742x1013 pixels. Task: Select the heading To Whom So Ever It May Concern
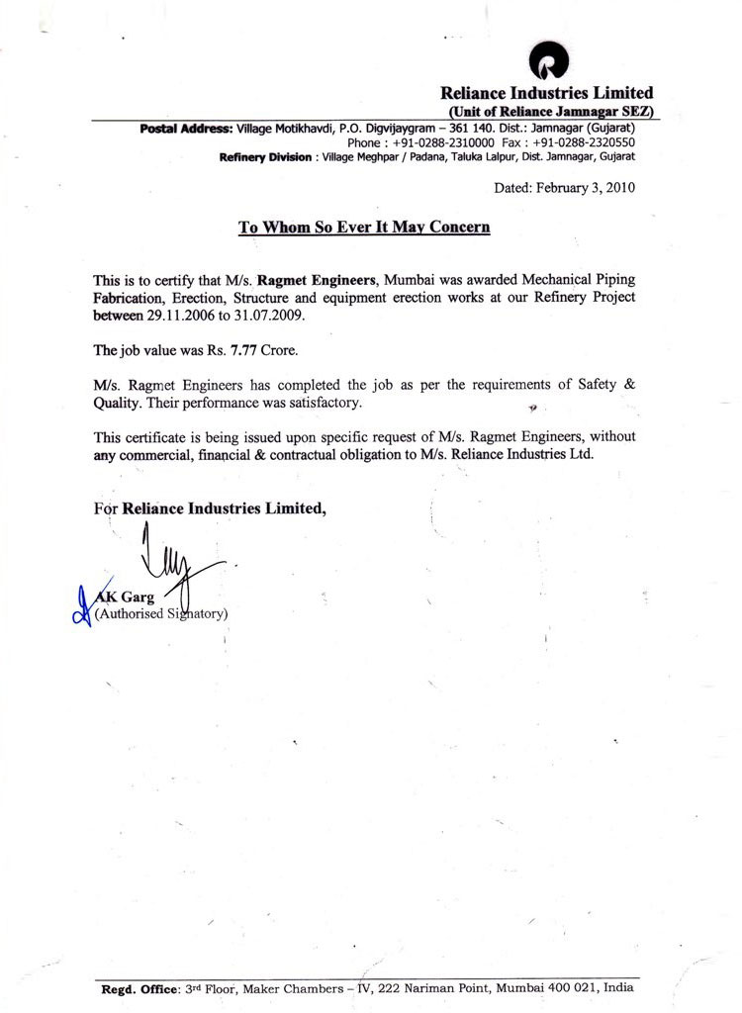point(364,227)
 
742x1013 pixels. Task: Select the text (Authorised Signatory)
point(161,614)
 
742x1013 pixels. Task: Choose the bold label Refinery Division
point(265,157)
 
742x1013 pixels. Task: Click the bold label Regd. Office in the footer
point(141,988)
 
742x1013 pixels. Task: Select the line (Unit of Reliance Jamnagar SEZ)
point(550,111)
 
